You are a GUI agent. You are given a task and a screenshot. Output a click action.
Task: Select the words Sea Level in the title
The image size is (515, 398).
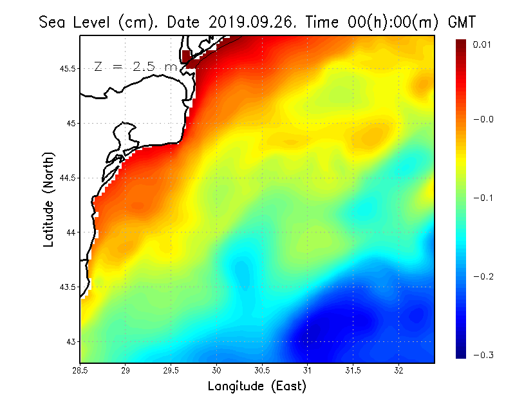tap(76, 23)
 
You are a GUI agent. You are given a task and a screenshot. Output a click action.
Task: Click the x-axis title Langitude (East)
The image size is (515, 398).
tap(257, 386)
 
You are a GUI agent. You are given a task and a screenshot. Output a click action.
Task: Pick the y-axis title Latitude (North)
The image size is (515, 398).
tap(48, 199)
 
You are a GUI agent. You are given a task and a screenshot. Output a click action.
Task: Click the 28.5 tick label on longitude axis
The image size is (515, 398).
tap(80, 370)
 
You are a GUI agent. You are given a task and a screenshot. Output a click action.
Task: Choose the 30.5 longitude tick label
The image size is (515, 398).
tap(262, 370)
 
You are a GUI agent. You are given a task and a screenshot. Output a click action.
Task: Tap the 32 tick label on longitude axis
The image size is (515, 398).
tap(398, 370)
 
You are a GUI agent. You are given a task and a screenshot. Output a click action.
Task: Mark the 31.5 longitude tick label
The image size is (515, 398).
tap(353, 370)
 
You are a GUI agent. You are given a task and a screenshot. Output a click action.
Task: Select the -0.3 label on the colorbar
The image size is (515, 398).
tap(483, 355)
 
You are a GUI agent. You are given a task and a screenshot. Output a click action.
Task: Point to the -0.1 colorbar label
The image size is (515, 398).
tap(483, 198)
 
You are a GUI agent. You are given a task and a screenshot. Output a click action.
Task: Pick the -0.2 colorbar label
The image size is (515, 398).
tap(483, 276)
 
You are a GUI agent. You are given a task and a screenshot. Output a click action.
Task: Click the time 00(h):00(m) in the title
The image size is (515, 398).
tap(372, 23)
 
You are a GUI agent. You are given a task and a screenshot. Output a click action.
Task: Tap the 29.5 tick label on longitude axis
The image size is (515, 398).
tap(171, 370)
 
